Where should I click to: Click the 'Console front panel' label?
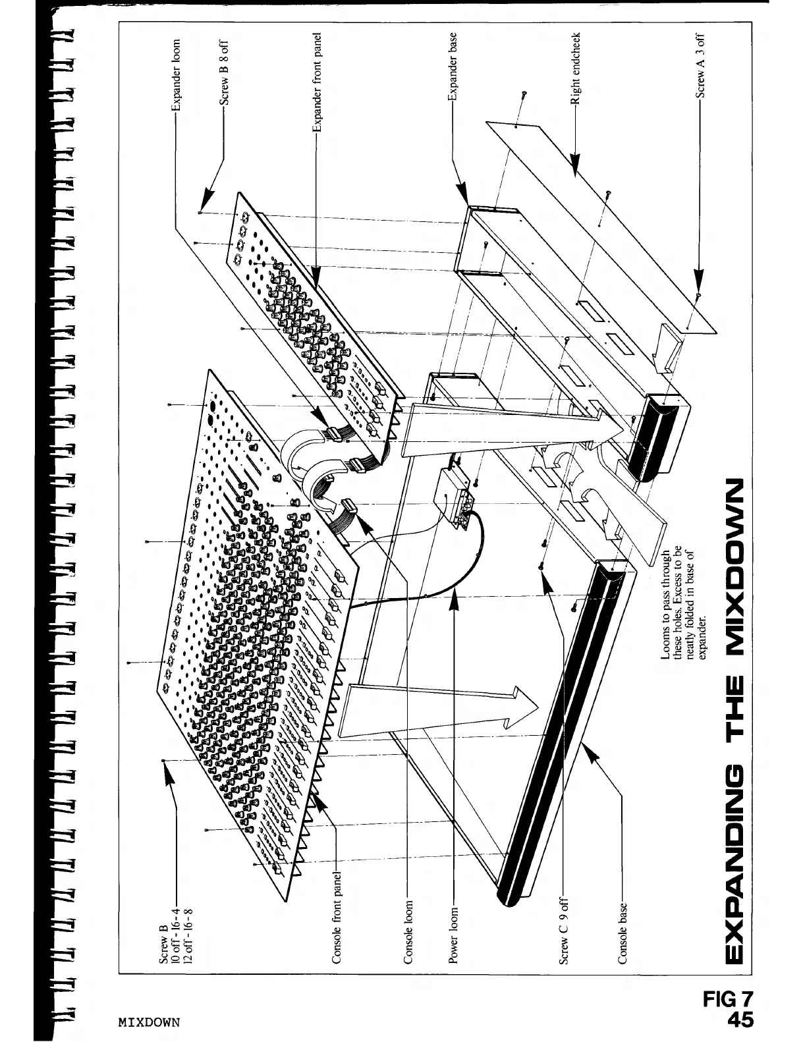click(337, 919)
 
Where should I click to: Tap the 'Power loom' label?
click(453, 935)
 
